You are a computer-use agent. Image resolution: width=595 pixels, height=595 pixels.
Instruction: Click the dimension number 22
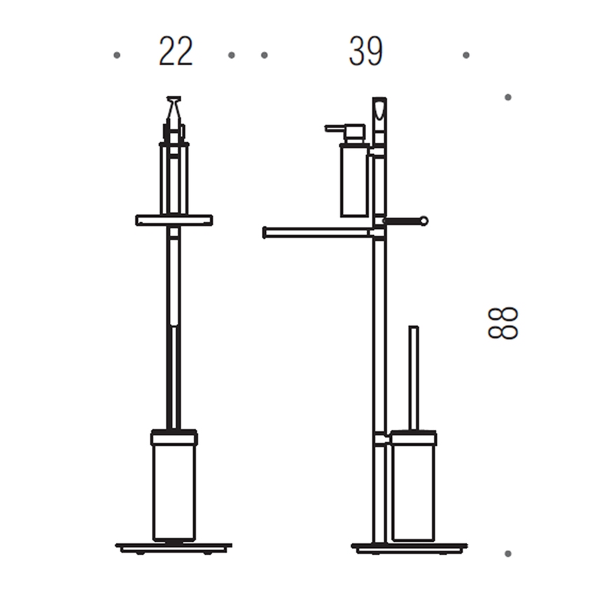[x=176, y=52]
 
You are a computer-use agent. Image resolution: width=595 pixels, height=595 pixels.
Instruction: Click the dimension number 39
[x=366, y=52]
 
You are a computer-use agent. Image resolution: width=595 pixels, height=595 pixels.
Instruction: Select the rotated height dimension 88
[x=503, y=323]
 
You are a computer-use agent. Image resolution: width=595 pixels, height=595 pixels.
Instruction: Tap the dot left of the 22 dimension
[x=117, y=55]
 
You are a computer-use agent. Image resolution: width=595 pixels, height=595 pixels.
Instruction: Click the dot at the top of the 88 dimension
[x=508, y=97]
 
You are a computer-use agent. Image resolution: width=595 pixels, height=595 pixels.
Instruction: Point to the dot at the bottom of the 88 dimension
[x=508, y=554]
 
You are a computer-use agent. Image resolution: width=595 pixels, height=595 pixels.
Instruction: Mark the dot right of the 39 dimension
[x=466, y=55]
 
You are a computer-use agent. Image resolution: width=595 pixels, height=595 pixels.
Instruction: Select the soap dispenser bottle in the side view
[x=354, y=181]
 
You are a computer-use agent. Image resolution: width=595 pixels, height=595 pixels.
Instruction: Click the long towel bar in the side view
[x=318, y=232]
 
